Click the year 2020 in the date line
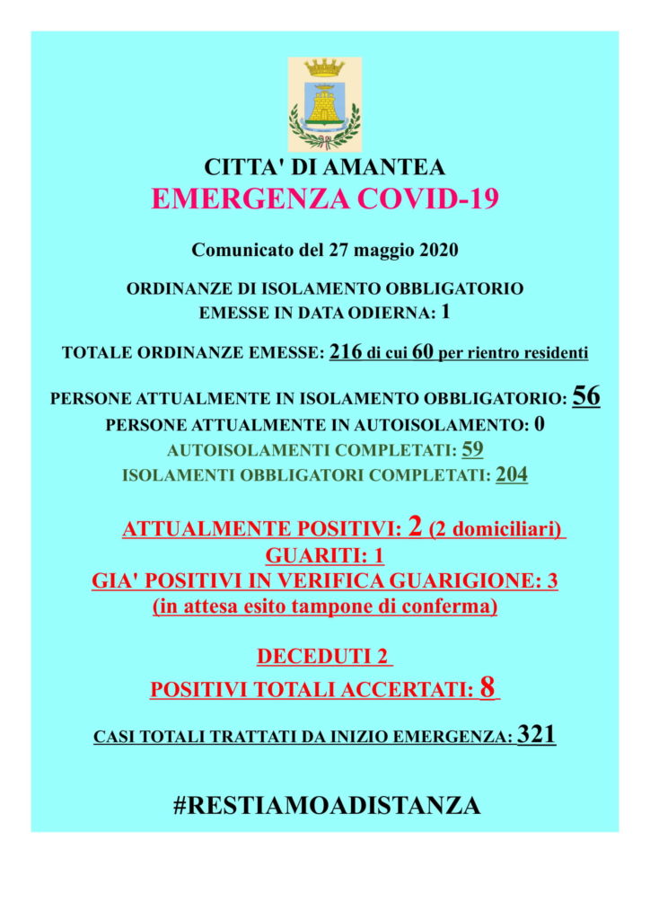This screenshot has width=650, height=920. click(436, 250)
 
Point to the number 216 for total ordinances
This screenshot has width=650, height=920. click(346, 352)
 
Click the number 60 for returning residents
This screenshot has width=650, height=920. click(423, 352)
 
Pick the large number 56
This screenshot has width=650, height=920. click(585, 397)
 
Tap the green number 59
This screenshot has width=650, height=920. click(472, 449)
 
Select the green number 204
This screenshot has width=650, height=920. click(512, 474)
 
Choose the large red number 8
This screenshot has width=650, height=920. click(487, 688)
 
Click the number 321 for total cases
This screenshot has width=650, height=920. click(537, 735)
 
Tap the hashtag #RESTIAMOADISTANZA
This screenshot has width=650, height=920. click(326, 805)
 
